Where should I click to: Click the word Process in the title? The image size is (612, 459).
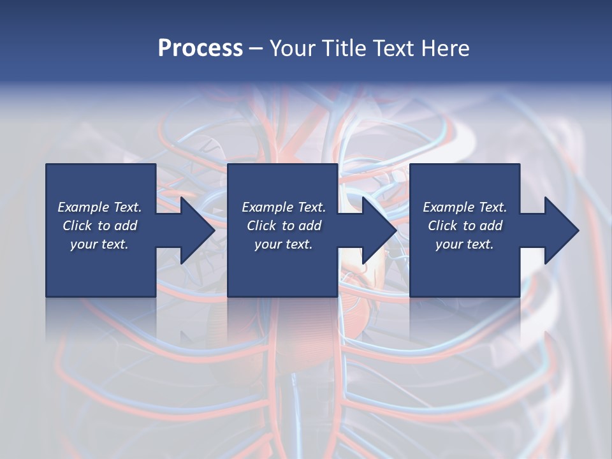200,48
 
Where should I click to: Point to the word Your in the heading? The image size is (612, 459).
294,48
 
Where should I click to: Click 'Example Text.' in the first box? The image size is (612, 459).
99,207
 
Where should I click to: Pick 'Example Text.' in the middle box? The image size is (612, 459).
284,207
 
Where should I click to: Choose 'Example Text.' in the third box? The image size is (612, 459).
465,207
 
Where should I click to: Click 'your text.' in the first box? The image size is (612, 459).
99,244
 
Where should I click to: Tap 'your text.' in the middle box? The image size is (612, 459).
284,244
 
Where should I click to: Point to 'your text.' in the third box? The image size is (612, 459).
465,244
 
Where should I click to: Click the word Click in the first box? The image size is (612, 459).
78,226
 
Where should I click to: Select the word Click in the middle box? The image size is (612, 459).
262,226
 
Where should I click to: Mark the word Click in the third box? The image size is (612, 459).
443,226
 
